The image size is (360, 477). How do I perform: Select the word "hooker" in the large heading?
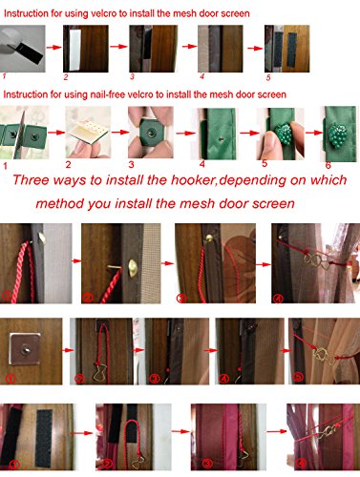[193, 180]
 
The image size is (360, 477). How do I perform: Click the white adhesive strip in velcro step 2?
[75, 50]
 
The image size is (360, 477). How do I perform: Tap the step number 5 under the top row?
[268, 77]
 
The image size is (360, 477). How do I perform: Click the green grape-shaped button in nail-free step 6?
[337, 135]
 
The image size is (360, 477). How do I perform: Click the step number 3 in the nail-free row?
[131, 164]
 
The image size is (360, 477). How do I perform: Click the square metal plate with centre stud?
[25, 348]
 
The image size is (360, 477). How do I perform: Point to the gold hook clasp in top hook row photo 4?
[314, 260]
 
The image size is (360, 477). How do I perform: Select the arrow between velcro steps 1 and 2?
[53, 48]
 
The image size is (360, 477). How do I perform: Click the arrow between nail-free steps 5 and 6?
[314, 132]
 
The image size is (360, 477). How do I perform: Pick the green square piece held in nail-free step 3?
[151, 132]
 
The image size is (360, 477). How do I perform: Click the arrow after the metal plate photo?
[68, 350]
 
